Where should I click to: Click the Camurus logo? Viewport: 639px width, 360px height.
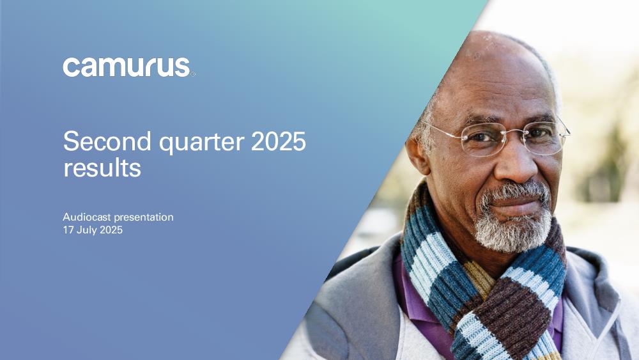[127, 67]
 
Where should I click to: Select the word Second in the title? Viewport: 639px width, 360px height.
[107, 141]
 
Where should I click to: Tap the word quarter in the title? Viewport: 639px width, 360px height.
[201, 143]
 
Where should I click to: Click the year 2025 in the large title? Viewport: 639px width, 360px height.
[279, 141]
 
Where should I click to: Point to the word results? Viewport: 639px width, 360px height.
[102, 168]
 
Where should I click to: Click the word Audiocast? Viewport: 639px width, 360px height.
[87, 217]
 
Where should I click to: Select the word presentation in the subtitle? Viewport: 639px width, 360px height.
[143, 217]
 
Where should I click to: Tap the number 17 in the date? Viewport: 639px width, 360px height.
[68, 230]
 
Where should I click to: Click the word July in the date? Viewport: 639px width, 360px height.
[86, 230]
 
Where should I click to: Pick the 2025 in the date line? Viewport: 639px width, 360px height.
[111, 230]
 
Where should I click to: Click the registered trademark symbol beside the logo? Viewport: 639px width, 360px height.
[193, 74]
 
